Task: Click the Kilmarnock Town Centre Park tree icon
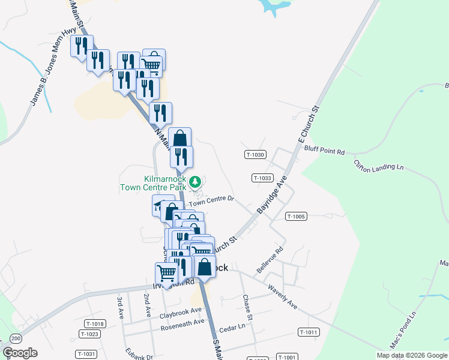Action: coord(195,181)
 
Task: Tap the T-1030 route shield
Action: coord(255,155)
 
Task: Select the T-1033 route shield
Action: coord(263,178)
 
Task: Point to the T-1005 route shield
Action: coord(297,216)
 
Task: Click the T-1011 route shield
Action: coord(308,332)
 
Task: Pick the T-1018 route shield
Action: coord(95,324)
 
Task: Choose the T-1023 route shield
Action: coord(89,334)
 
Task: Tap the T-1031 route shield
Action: coord(86,354)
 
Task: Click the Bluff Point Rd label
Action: coord(324,151)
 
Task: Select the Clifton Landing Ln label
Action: coord(379,166)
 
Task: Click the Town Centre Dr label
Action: coord(211,202)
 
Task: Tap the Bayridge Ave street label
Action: coord(273,195)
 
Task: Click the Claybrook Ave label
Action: coord(180,313)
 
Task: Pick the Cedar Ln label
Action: coord(233,328)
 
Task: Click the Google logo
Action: coord(20,352)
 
